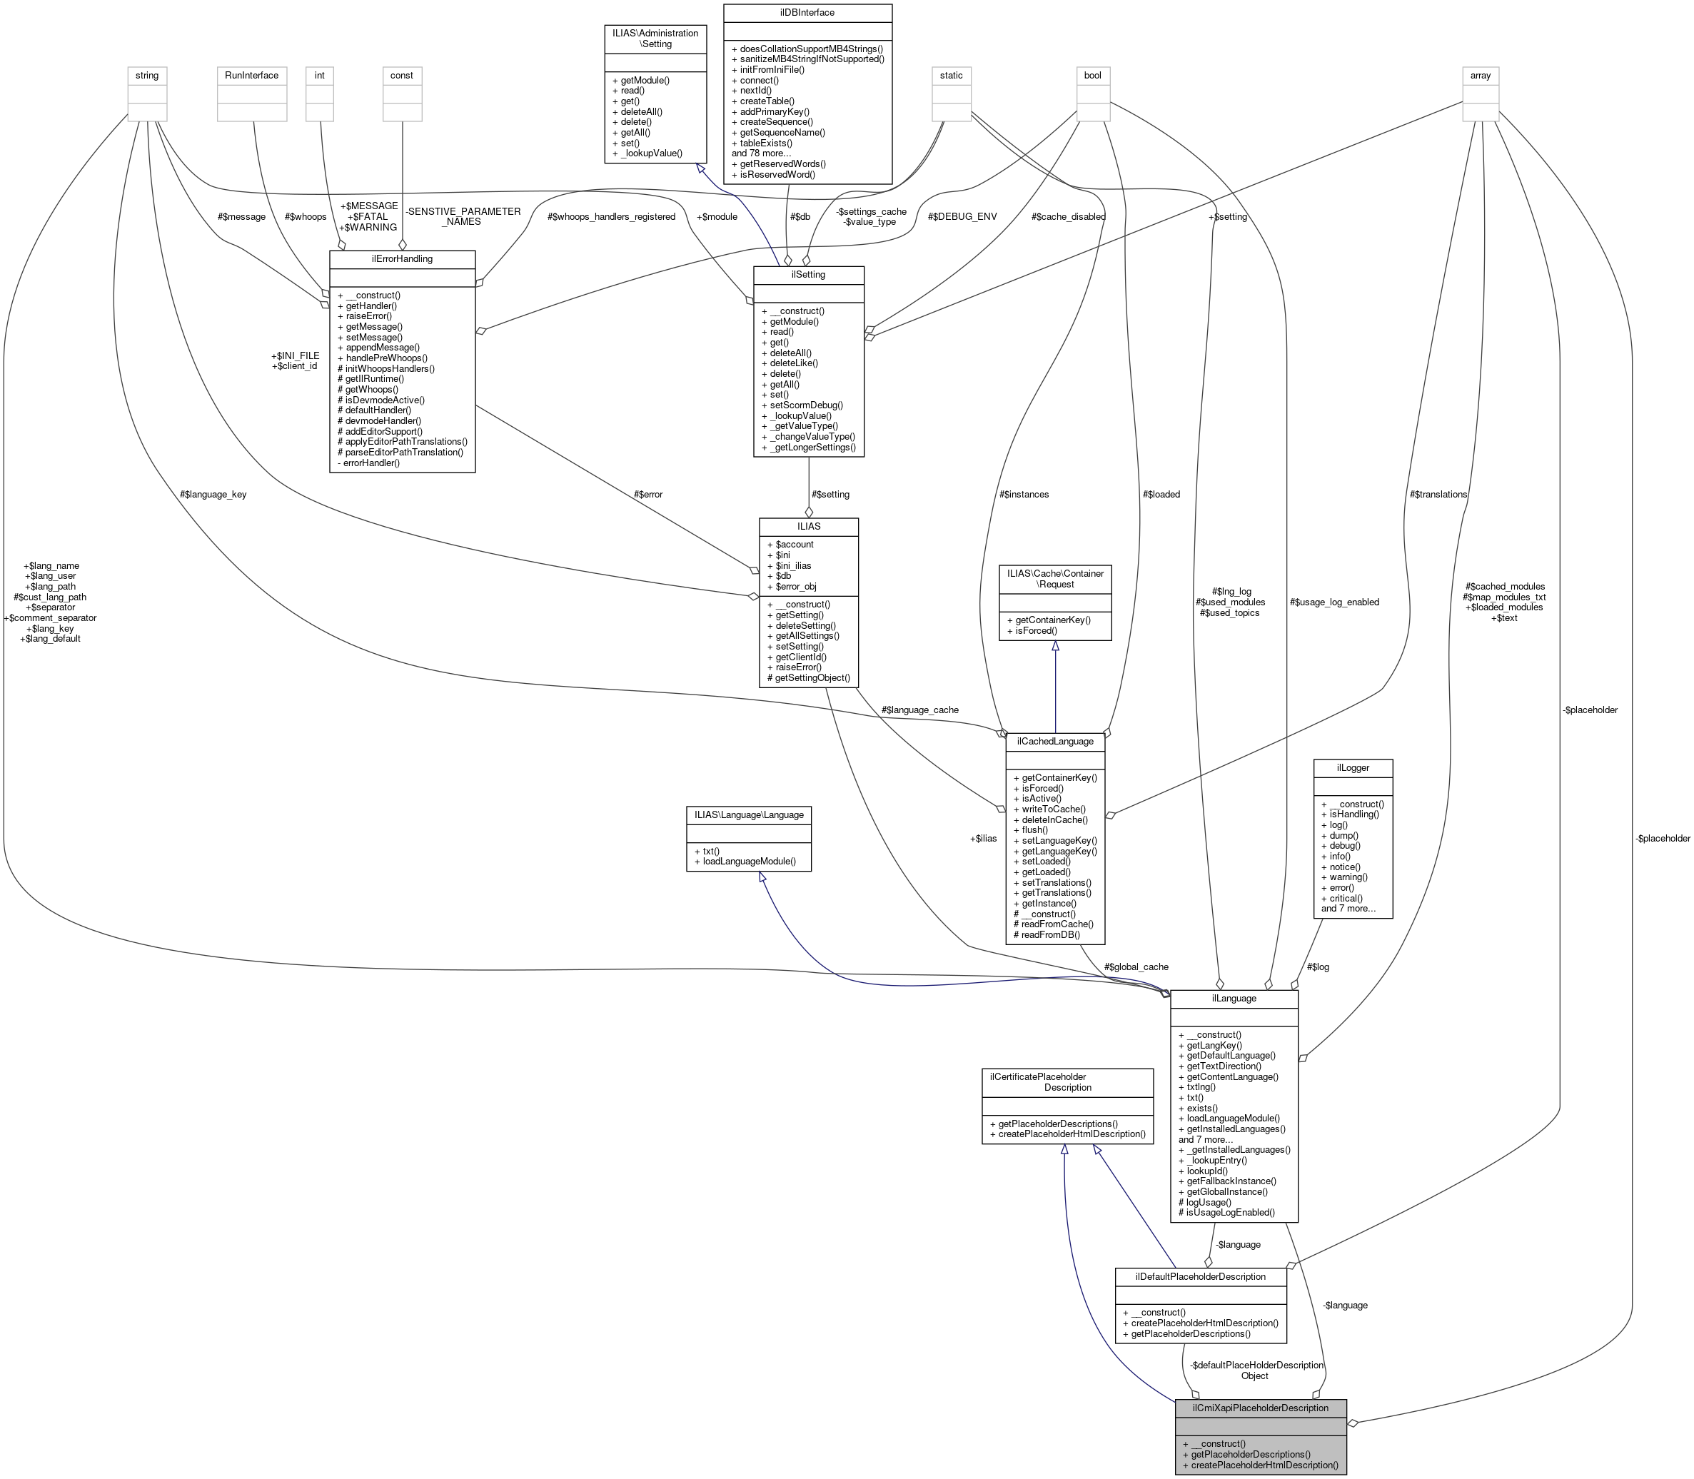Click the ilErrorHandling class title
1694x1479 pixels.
pos(402,259)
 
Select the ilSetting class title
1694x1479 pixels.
pos(808,275)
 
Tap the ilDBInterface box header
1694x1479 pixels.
pos(807,13)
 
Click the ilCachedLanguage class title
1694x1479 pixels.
pos(1054,741)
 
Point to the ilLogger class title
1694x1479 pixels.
pos(1352,767)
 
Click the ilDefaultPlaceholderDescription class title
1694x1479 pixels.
pos(1200,1277)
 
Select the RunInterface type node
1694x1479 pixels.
pos(252,75)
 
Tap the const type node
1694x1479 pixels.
pos(402,75)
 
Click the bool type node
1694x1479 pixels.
pos(1092,75)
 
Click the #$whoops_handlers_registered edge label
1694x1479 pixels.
pos(611,217)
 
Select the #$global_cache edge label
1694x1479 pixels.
pos(1136,966)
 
